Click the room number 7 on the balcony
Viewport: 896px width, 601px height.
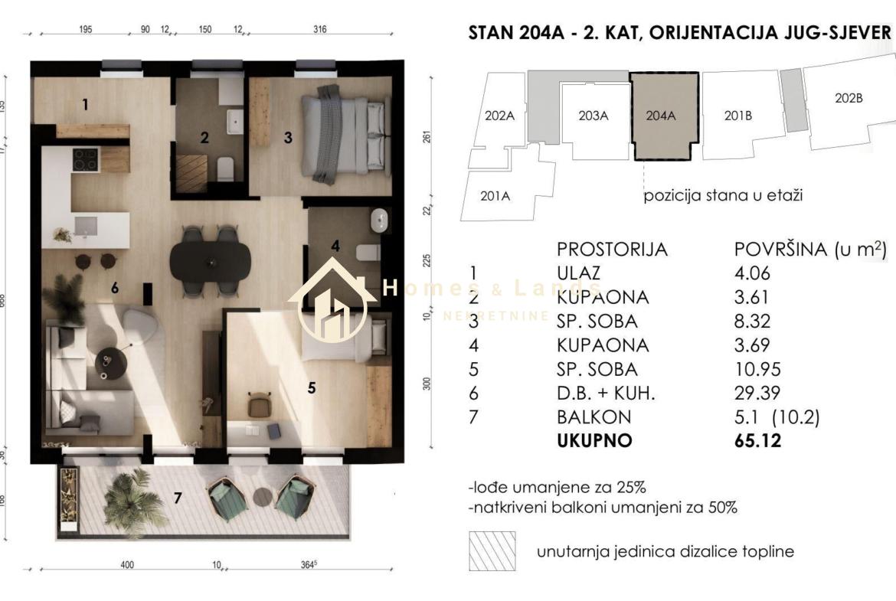click(x=178, y=498)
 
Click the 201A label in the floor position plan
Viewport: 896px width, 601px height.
click(x=495, y=196)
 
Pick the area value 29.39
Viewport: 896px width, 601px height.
click(x=756, y=394)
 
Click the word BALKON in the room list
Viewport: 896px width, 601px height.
click(x=594, y=417)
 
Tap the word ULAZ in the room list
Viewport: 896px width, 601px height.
click(x=579, y=273)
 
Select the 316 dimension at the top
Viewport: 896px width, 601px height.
click(x=320, y=30)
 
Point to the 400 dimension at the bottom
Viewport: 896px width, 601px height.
click(x=127, y=565)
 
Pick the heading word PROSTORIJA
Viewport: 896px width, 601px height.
click(x=612, y=250)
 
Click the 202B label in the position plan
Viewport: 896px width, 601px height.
click(x=849, y=98)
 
